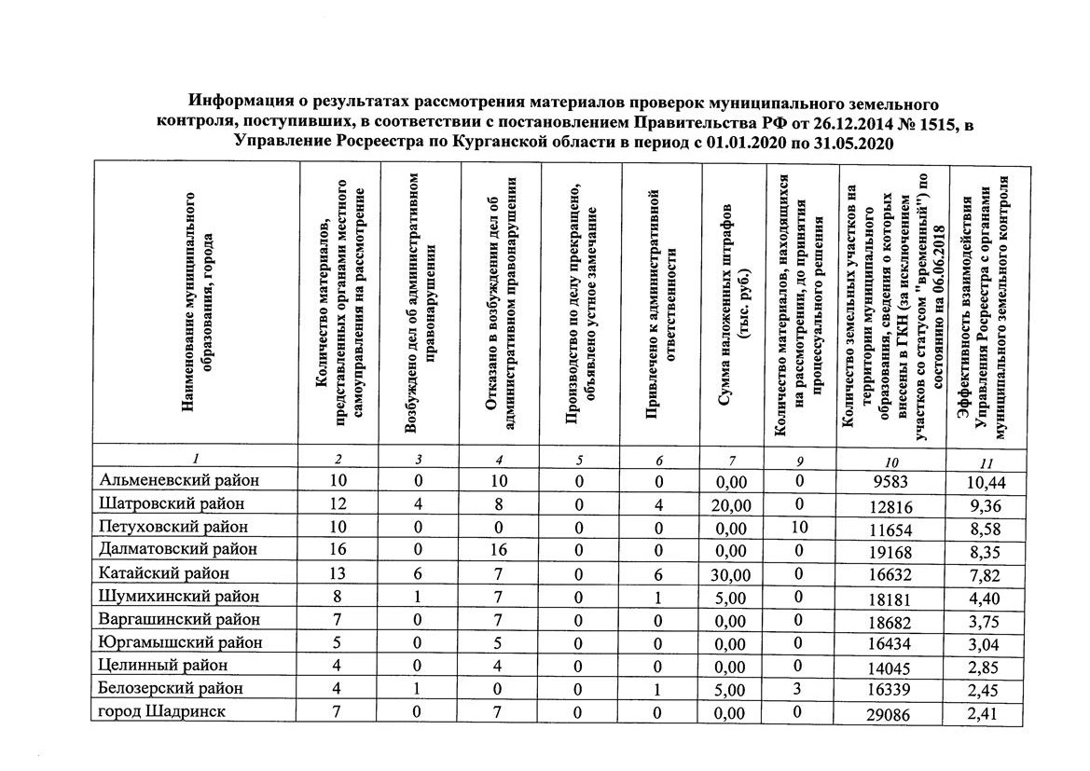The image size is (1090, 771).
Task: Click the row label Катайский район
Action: coord(163,573)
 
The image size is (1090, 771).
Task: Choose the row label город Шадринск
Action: coord(161,711)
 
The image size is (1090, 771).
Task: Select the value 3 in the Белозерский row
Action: coord(798,690)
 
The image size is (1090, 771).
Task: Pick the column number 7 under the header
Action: coord(732,461)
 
